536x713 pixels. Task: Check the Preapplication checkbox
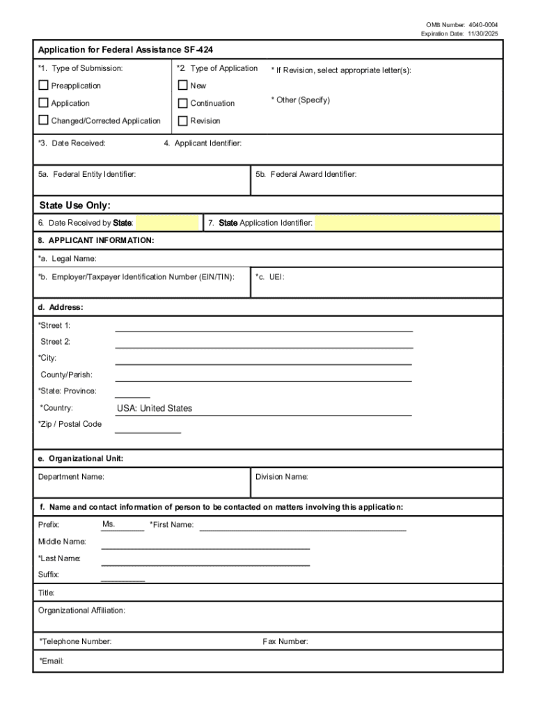point(44,86)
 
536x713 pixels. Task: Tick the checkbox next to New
point(183,86)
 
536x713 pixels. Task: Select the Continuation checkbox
point(183,103)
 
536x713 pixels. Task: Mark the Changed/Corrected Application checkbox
point(44,120)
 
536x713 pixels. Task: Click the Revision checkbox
point(183,120)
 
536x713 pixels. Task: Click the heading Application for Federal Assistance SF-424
point(130,50)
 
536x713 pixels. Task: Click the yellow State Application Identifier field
point(407,223)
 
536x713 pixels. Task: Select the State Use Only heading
point(74,205)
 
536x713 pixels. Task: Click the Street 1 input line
point(264,327)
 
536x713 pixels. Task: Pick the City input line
point(264,359)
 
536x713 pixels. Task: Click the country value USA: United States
point(155,409)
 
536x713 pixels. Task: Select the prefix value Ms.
point(109,524)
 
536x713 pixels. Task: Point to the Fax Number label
point(285,642)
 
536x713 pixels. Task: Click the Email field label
point(52,661)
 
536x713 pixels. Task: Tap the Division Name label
point(281,477)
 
